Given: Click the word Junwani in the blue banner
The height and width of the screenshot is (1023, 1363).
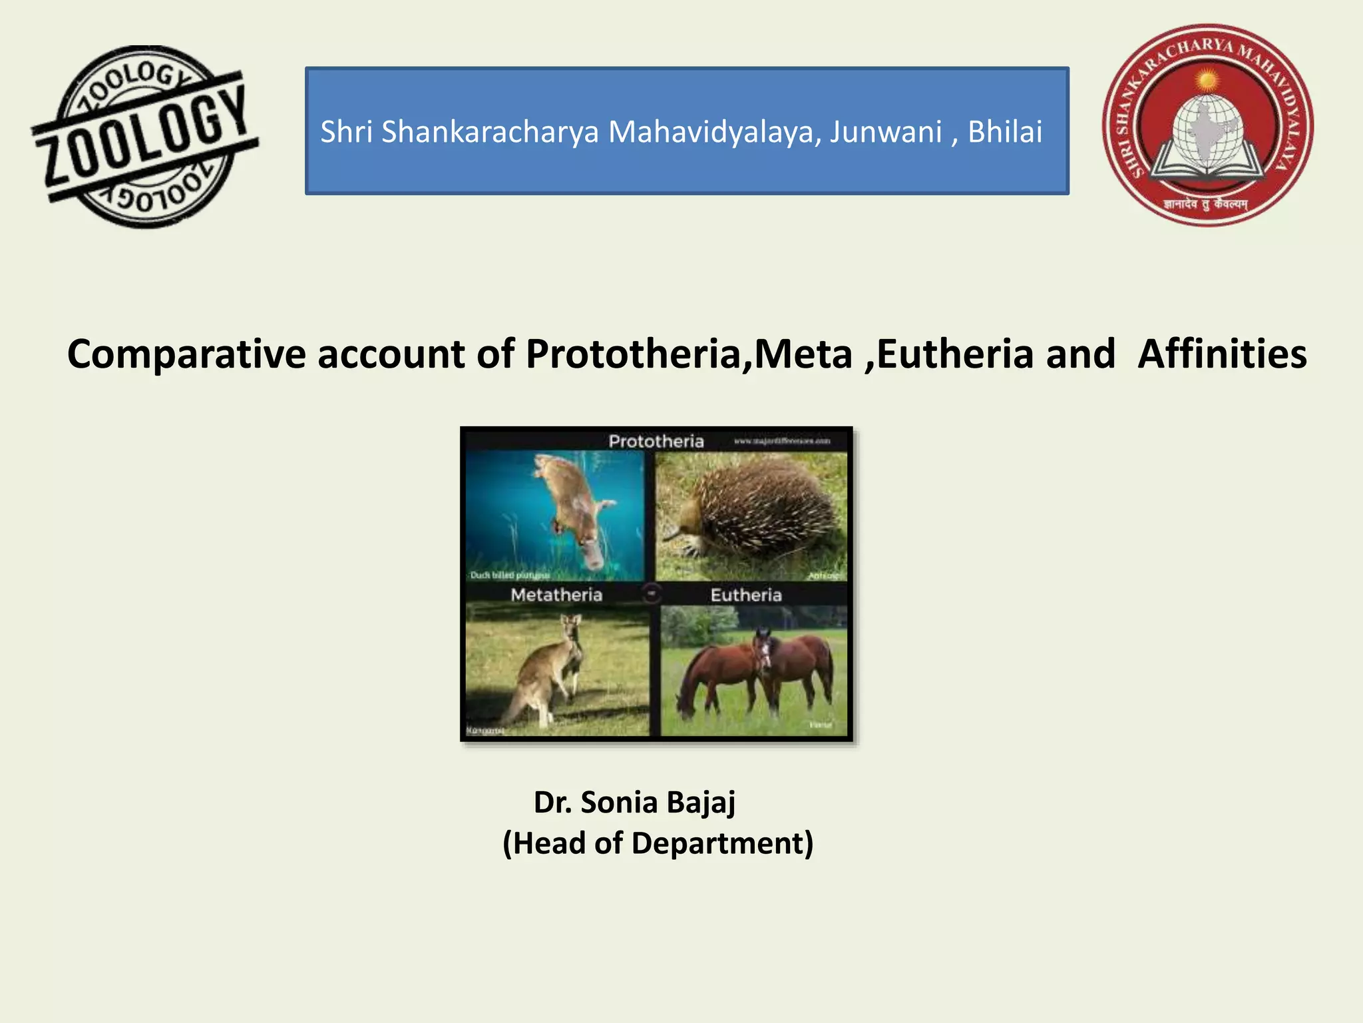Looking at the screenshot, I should tap(885, 132).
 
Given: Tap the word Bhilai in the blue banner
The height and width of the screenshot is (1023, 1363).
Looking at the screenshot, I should tap(1004, 132).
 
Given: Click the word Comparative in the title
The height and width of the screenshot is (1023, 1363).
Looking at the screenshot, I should tap(186, 354).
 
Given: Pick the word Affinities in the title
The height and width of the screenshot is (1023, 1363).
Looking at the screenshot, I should tap(1222, 354).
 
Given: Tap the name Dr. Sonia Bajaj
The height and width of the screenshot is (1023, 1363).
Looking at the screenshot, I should tap(634, 802).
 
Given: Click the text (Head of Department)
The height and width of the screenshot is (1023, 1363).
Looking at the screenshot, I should tap(658, 843).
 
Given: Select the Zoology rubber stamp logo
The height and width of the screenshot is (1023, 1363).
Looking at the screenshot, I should tap(145, 137).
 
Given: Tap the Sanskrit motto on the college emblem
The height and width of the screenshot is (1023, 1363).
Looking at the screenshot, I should tap(1206, 204).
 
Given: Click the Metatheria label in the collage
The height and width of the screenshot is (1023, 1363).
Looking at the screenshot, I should tap(556, 595).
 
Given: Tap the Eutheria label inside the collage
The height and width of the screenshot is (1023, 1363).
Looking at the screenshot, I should tap(746, 595).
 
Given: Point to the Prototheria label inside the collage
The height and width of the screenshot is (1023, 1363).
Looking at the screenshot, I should tap(656, 441).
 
